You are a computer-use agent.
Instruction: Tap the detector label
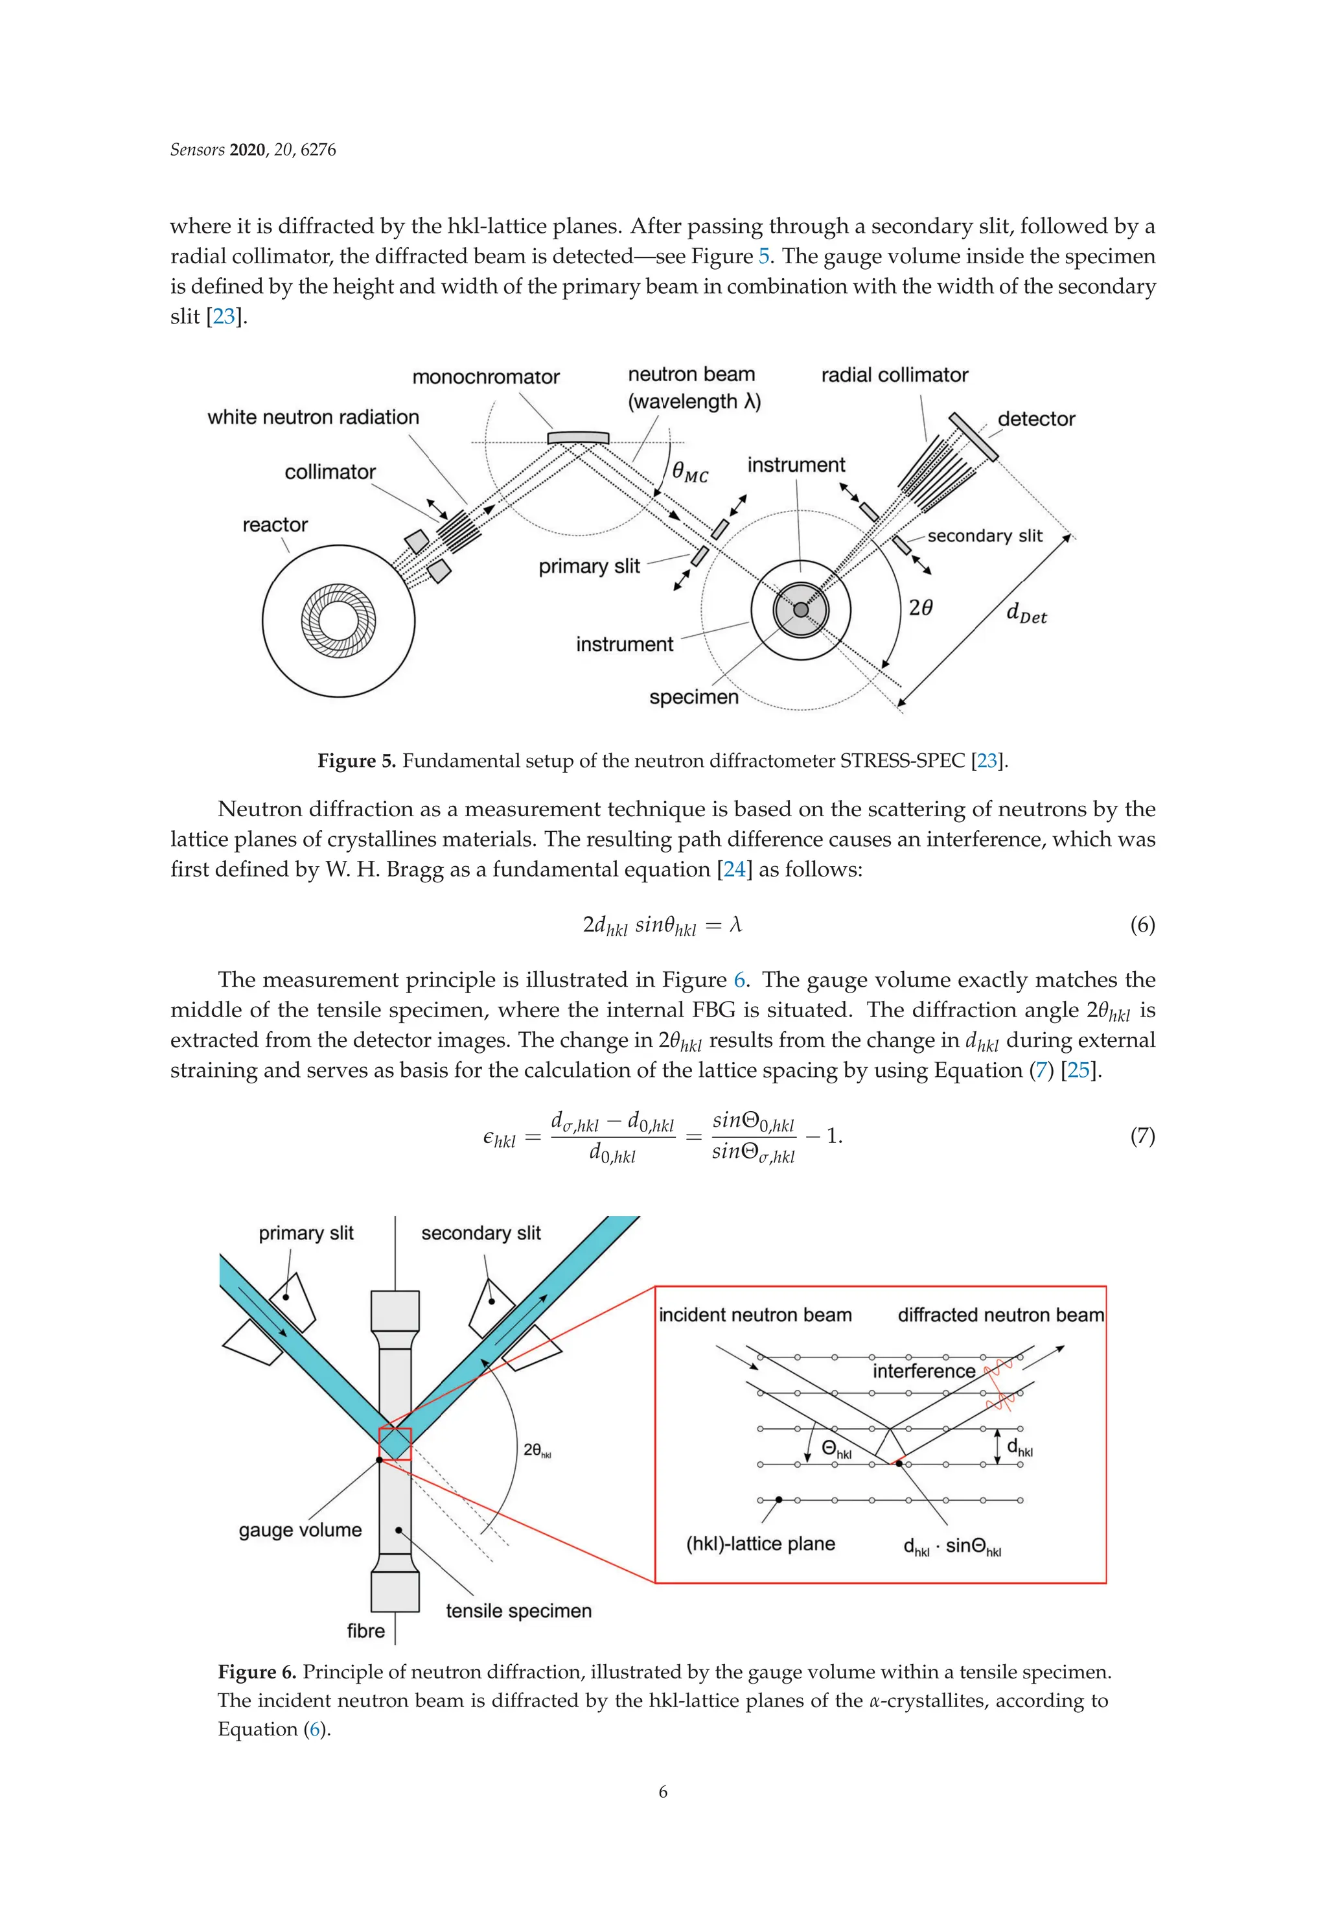coord(1035,419)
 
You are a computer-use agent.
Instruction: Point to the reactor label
coord(275,524)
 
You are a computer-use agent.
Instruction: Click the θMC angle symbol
coord(689,473)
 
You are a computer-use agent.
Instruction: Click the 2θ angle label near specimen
coord(920,607)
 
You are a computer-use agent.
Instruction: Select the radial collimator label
coord(894,375)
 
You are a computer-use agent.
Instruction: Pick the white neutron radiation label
coord(313,417)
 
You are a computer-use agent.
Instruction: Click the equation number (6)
coord(1142,924)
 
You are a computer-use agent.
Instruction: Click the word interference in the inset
coord(923,1371)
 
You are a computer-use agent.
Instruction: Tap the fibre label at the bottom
coord(365,1630)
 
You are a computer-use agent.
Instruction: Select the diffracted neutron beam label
coord(1000,1315)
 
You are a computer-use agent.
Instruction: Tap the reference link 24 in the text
coord(733,869)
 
